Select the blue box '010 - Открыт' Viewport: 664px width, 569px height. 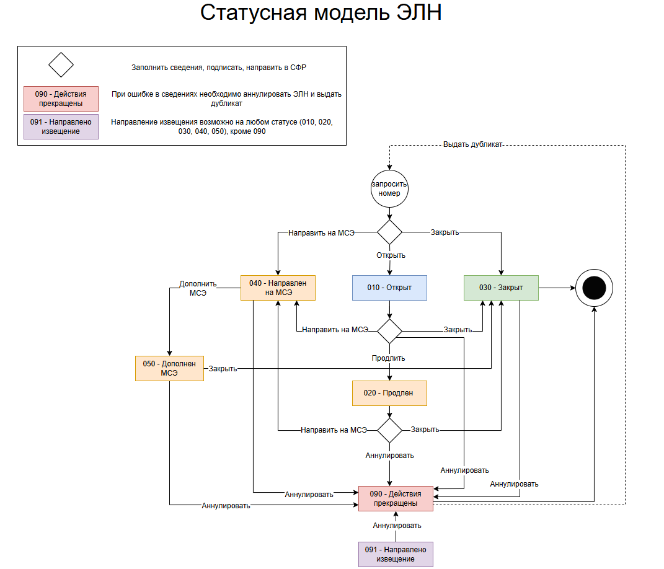pos(389,288)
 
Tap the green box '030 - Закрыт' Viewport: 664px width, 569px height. pos(501,288)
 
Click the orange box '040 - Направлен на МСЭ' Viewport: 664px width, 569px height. pos(278,288)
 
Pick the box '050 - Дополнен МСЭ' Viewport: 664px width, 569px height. pos(169,368)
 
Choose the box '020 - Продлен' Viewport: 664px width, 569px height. pos(389,393)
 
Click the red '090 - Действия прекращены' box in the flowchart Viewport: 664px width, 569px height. pos(396,498)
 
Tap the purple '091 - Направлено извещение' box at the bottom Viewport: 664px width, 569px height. pos(396,554)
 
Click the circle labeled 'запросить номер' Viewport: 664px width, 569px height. pos(389,188)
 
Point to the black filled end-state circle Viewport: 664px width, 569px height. pos(594,288)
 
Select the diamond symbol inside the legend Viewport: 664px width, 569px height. pos(61,65)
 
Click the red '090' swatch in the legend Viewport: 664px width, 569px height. pos(61,99)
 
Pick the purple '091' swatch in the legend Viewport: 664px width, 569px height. pos(61,126)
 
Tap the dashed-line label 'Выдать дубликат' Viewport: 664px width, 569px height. pos(472,144)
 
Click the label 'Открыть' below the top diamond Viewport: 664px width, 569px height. pos(391,255)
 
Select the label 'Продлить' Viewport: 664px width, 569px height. pos(388,358)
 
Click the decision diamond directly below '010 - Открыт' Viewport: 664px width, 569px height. pos(389,330)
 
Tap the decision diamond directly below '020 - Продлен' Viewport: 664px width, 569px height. pos(389,430)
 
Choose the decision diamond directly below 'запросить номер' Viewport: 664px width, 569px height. pos(389,232)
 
